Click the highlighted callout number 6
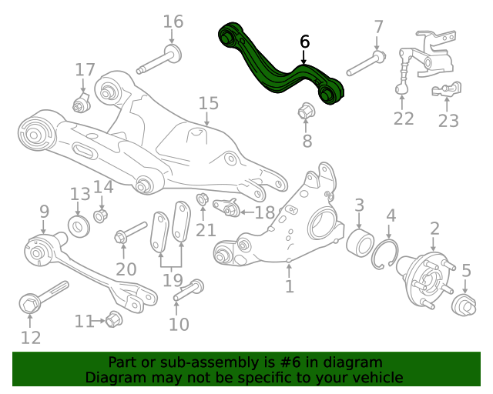click(x=305, y=42)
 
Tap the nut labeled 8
click(x=305, y=111)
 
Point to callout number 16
click(x=173, y=22)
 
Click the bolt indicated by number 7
click(x=367, y=63)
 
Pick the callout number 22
click(x=404, y=119)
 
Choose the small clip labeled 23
click(x=447, y=89)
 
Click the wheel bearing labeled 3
click(x=360, y=243)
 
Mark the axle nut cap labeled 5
click(x=464, y=305)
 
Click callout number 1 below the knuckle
click(x=290, y=286)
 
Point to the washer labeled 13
click(x=79, y=226)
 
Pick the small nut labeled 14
click(x=101, y=215)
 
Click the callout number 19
click(x=173, y=280)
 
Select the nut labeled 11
click(x=114, y=319)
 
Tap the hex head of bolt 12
click(x=30, y=304)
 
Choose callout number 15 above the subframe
click(x=209, y=103)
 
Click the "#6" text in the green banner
click(x=290, y=362)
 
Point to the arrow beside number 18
click(x=247, y=212)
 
